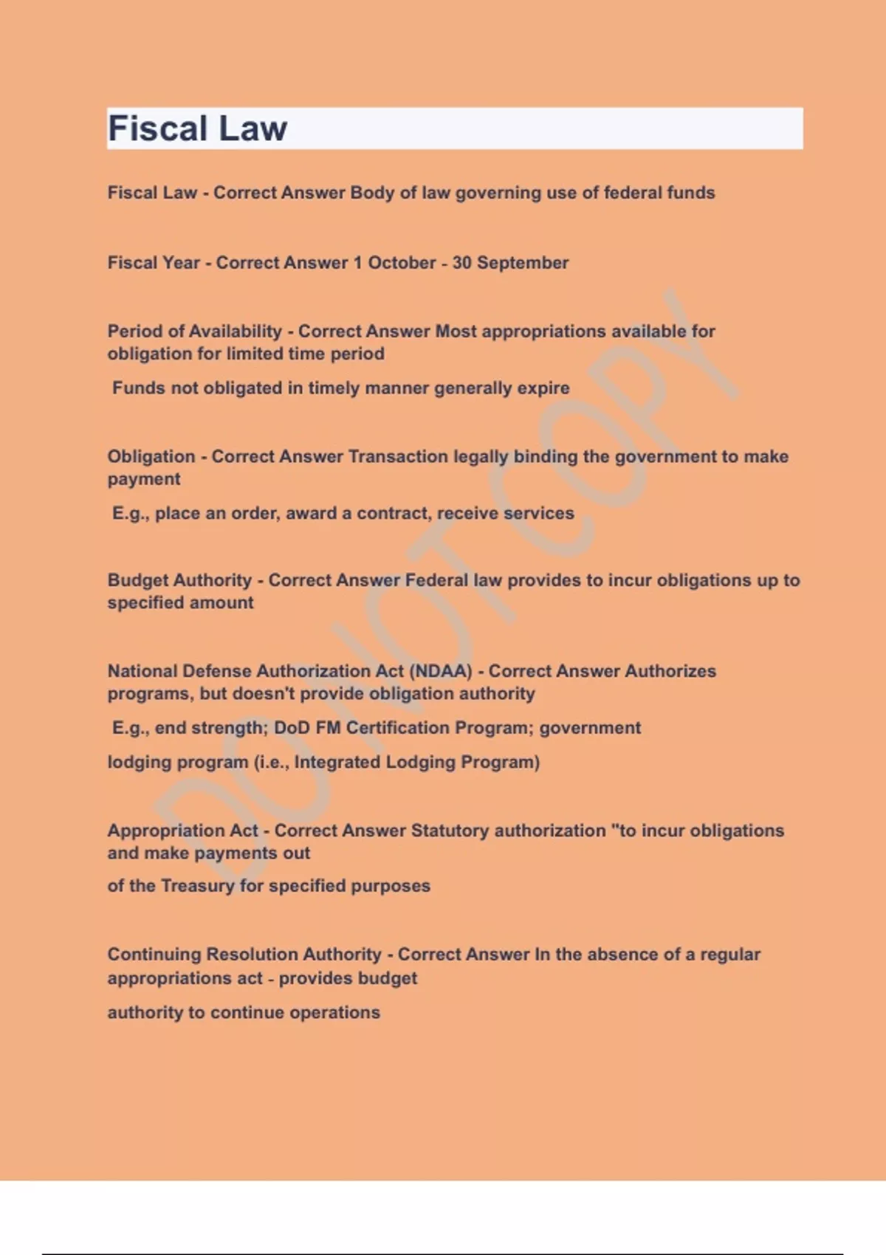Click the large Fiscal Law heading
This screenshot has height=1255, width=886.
tap(197, 128)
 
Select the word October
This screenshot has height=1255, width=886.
tap(402, 263)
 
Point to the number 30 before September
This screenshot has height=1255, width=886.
tap(461, 263)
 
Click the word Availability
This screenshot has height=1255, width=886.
tap(236, 331)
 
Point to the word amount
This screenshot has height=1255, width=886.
tap(219, 602)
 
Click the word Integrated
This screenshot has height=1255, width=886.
tap(335, 762)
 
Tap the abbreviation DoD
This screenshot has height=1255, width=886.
tap(292, 728)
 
